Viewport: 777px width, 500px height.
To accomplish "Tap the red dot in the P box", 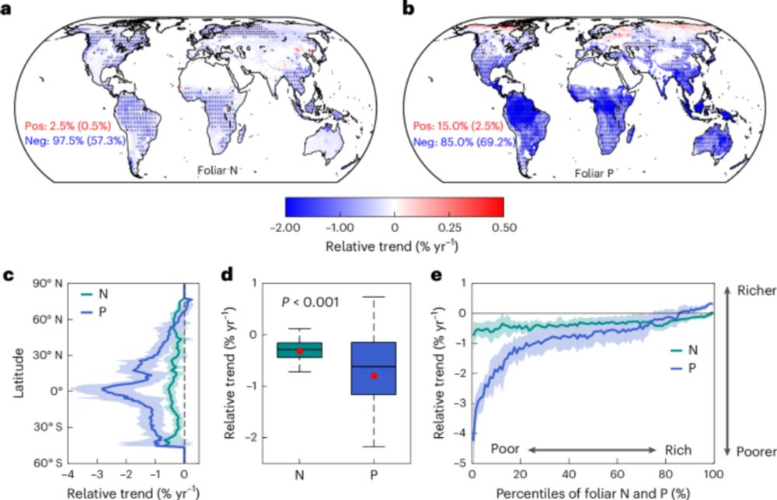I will coord(375,376).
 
